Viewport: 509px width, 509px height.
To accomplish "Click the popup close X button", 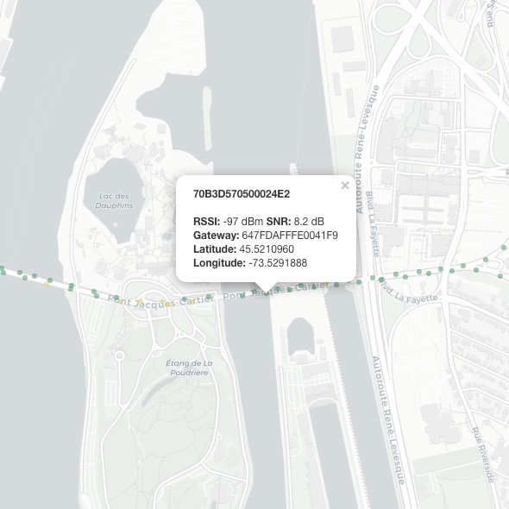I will (x=345, y=185).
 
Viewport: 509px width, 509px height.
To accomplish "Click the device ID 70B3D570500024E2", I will (x=242, y=193).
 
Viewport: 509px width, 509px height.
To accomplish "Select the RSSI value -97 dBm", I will (x=243, y=221).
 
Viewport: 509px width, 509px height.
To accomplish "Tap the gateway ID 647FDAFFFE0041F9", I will (x=290, y=235).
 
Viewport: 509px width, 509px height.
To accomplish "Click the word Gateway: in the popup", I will (x=216, y=235).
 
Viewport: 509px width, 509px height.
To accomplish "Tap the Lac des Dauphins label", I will (x=116, y=201).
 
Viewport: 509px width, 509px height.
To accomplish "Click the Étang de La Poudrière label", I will (x=188, y=368).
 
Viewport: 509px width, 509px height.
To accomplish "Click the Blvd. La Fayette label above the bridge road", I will (x=374, y=223).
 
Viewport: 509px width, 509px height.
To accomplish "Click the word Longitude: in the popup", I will (x=219, y=262).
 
